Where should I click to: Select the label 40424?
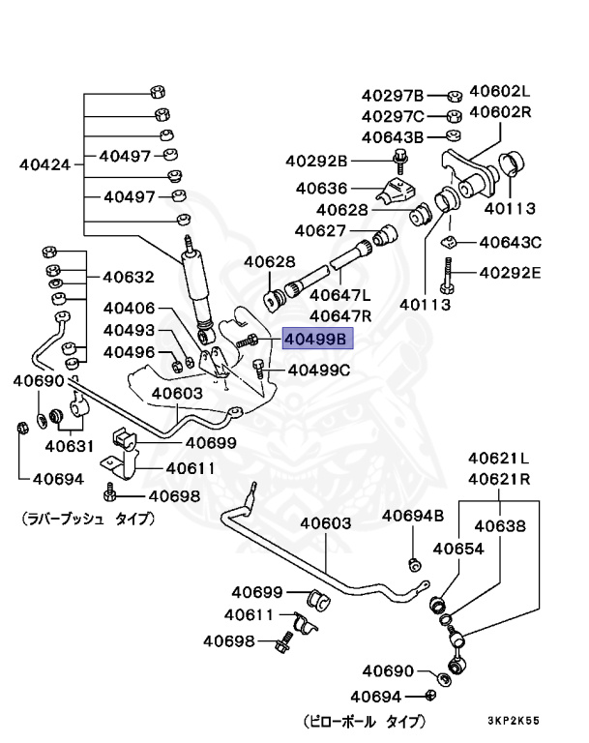tap(45, 164)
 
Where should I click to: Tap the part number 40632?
tap(128, 277)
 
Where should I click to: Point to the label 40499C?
tap(319, 371)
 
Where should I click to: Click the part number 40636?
tap(321, 187)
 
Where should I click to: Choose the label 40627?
tap(320, 230)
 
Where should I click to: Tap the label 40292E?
tap(510, 272)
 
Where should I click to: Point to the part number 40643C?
tap(510, 242)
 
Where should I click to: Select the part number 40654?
tap(457, 549)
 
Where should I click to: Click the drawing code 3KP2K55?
tap(515, 721)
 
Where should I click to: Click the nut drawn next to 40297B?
tap(453, 96)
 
